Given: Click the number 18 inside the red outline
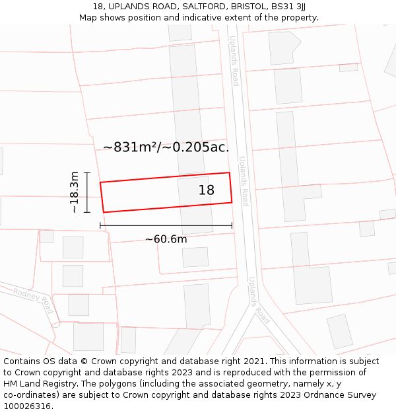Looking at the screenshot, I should pos(207,190).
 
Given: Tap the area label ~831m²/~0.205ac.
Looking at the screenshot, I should pos(166,147).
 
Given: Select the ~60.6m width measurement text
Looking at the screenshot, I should pos(166,239).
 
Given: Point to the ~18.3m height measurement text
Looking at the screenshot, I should pos(75,192).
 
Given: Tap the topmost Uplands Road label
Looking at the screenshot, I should pos(234,60).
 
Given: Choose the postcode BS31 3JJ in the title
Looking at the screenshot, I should pos(290,7).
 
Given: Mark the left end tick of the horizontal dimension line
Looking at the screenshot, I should pos(100,225).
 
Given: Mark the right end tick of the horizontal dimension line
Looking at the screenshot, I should pos(232,225).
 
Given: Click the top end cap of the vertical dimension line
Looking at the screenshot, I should pos(86,172).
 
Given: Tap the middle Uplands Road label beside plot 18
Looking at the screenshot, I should pos(244,181).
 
